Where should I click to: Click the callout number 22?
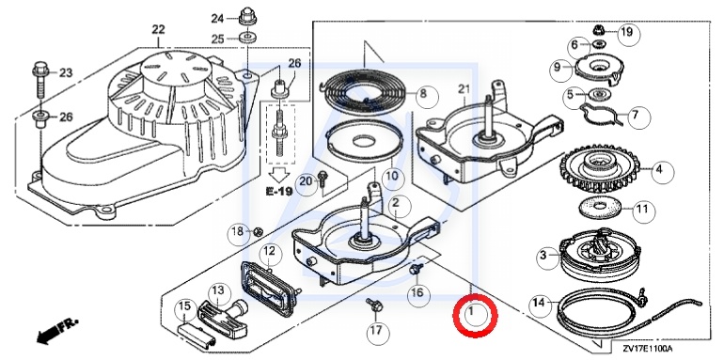[158, 29]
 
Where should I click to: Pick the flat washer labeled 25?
[248, 37]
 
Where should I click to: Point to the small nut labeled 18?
[259, 230]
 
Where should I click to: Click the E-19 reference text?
[279, 191]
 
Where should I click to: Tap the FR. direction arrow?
[57, 330]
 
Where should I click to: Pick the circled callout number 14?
[542, 305]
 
